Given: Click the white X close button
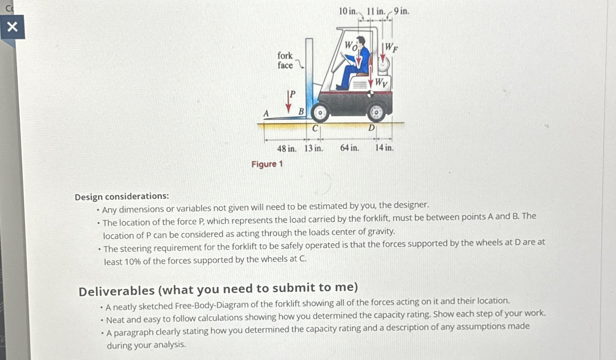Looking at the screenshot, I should [12, 27].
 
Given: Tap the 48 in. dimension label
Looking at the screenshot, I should [286, 148].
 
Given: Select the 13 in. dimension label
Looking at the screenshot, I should [314, 148].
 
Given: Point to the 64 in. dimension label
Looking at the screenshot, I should [350, 148].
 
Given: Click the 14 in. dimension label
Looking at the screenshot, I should [384, 148].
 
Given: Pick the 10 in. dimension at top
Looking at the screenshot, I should [348, 11].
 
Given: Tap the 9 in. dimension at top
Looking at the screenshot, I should [401, 11].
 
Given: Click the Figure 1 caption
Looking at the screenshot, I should [267, 164].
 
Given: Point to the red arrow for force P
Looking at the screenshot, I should [289, 102].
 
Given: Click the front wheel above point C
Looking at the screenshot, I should [320, 113].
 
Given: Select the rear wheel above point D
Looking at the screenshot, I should [376, 112].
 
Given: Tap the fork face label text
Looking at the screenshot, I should [285, 60].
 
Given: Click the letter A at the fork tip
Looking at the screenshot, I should [266, 113].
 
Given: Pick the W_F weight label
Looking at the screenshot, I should [391, 48].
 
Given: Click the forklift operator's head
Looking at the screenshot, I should [361, 40].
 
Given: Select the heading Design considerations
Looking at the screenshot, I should [122, 196].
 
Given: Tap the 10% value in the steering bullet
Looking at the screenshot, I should [132, 261].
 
